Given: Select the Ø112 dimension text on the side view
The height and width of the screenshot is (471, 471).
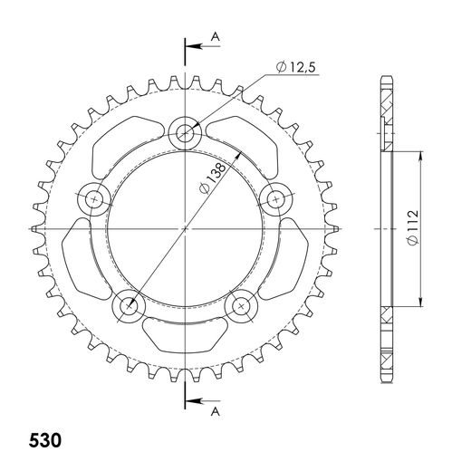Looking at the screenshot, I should [411, 230].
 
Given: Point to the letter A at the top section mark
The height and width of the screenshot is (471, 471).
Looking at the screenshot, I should [214, 35].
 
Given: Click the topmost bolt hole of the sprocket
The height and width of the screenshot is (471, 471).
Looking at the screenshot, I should [187, 133].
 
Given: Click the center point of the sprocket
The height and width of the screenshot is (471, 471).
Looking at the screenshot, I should [187, 229].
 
